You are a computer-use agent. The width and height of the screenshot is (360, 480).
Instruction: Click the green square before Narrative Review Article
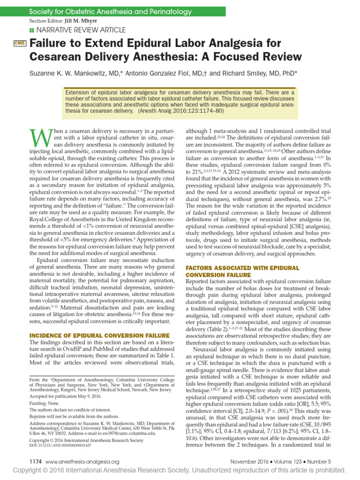(x=32, y=30)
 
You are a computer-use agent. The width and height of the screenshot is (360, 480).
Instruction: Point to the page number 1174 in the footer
(x=37, y=461)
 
